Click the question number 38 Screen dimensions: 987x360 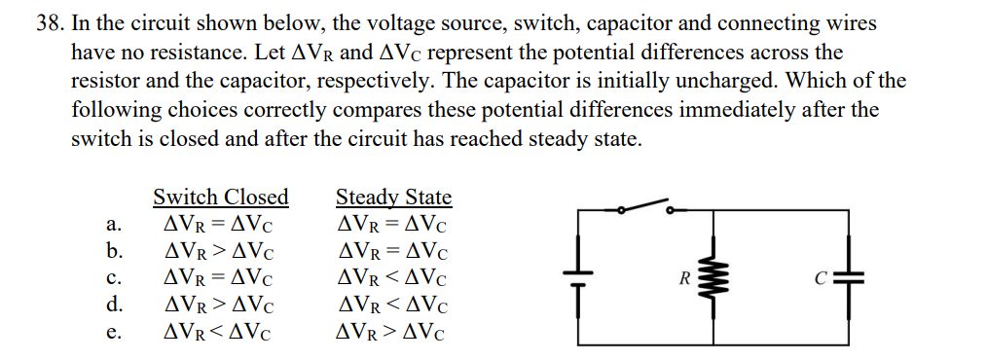(50, 24)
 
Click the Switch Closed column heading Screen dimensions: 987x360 (221, 197)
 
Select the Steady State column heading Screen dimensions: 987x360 (393, 197)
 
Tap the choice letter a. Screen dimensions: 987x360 (113, 225)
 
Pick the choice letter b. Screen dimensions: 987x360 (113, 251)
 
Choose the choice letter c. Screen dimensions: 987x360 (112, 278)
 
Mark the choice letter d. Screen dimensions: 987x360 (113, 305)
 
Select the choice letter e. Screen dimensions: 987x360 (112, 333)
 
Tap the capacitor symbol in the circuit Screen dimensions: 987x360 (850, 277)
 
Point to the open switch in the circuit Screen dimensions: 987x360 (644, 207)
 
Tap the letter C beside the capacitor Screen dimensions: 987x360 (820, 278)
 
